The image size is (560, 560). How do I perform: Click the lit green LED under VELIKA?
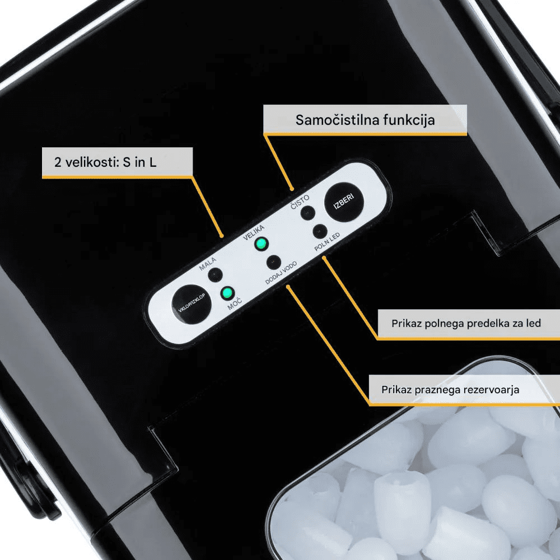(261, 244)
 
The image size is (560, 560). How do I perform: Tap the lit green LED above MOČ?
(227, 293)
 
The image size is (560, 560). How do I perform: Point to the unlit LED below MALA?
(216, 275)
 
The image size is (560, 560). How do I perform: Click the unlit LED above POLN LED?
(320, 231)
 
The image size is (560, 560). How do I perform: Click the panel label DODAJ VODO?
(281, 273)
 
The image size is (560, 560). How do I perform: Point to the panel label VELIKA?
(254, 232)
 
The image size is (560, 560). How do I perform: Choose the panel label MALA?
(208, 264)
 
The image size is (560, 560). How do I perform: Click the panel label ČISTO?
(300, 202)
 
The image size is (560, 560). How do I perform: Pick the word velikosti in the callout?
(92, 162)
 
